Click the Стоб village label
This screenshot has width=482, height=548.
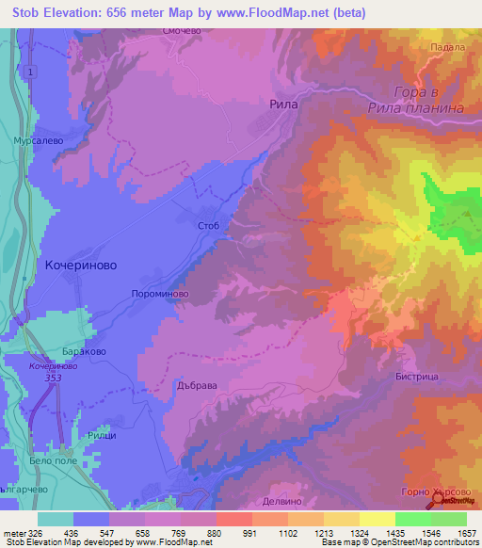(209, 227)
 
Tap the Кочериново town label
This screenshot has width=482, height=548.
(81, 266)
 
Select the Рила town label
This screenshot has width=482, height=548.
(283, 105)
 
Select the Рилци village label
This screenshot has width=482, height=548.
(101, 436)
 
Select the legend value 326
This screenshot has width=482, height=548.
(36, 532)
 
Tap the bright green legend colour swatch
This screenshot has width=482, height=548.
(412, 519)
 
